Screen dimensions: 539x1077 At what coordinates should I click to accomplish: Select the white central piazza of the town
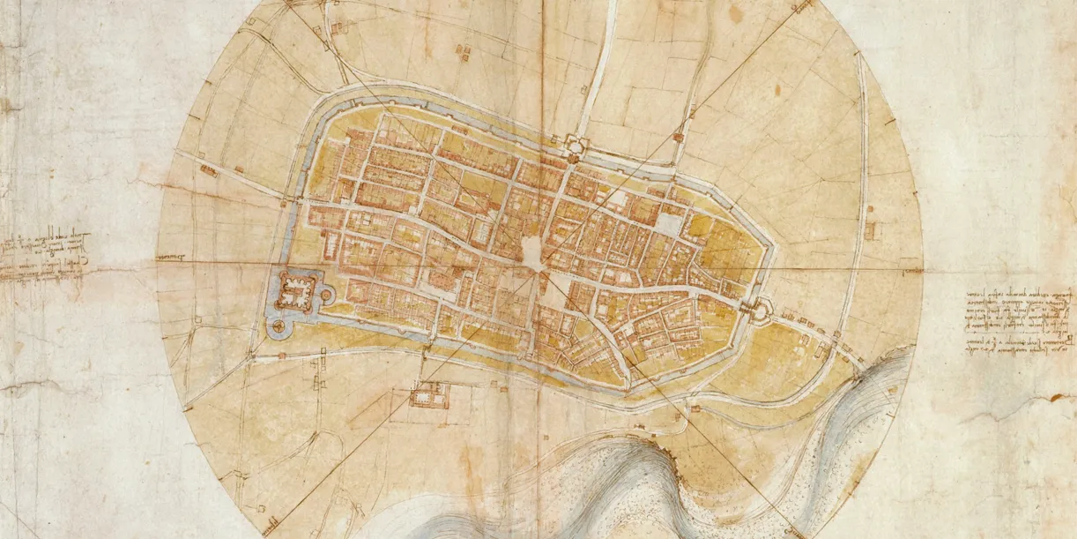[x=533, y=253]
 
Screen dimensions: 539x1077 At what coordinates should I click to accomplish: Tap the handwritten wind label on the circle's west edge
[x=171, y=258]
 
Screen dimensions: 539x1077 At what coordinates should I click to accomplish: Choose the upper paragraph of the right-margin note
[x=1005, y=309]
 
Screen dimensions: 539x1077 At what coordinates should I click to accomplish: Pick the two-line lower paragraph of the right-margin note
[x=1005, y=347]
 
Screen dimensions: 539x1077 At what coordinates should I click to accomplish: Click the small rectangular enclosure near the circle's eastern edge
[x=870, y=230]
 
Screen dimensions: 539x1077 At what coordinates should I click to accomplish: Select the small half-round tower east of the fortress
[x=326, y=295]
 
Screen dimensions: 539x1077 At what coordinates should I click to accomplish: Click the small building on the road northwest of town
[x=208, y=169]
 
